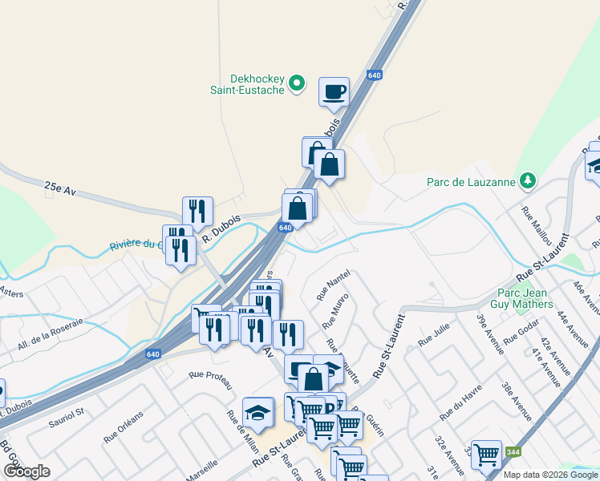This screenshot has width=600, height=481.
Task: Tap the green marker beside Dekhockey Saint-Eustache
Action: click(296, 83)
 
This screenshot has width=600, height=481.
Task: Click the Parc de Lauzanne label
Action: click(470, 182)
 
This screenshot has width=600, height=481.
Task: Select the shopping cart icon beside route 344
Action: click(486, 455)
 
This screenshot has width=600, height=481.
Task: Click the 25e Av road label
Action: click(59, 188)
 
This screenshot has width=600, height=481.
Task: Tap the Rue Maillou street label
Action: click(538, 224)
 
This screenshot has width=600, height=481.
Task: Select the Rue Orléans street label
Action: click(123, 427)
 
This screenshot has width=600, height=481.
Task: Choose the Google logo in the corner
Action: click(26, 471)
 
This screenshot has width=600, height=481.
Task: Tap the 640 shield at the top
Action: click(375, 75)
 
